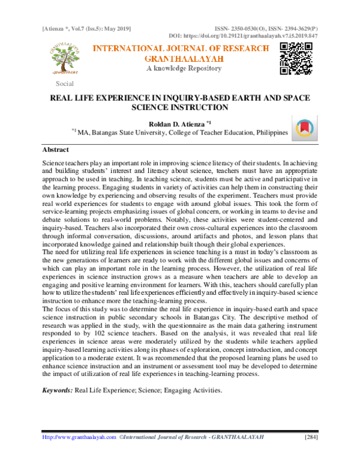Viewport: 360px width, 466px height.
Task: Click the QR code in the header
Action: (x=295, y=58)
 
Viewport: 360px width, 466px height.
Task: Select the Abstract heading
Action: (x=55, y=149)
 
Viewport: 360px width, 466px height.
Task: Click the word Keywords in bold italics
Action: (x=56, y=390)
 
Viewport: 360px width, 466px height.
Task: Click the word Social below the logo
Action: (x=64, y=83)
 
